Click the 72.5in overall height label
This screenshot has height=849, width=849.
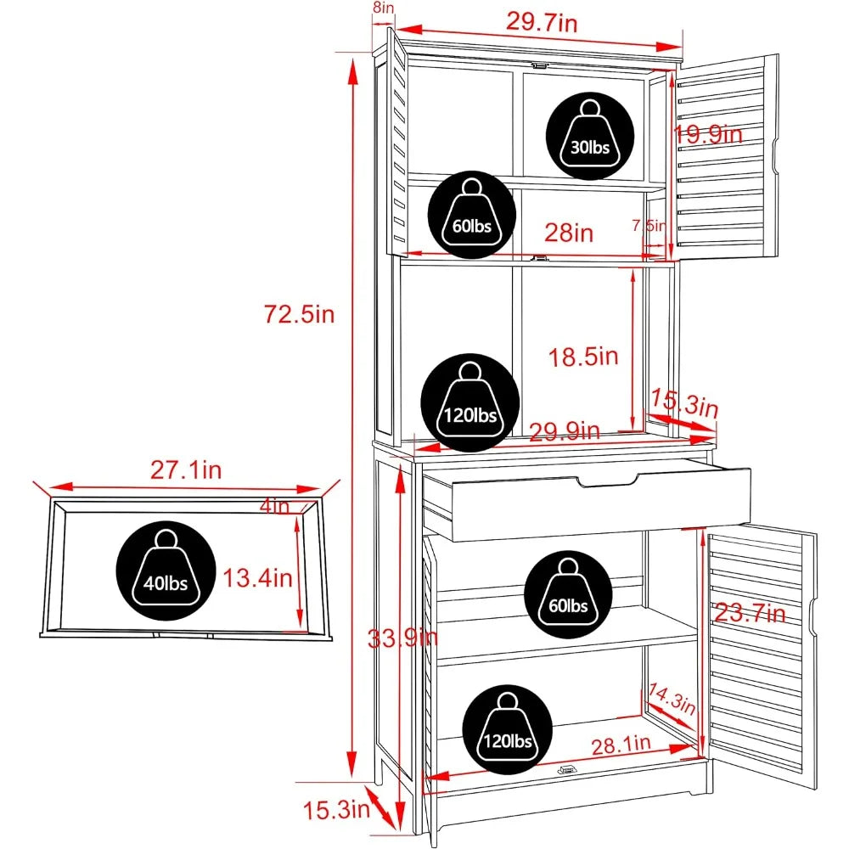coord(300,314)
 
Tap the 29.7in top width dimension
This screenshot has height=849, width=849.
coord(542,22)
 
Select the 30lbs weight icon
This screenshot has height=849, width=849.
coord(590,136)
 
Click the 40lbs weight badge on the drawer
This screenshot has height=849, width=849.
coord(166,571)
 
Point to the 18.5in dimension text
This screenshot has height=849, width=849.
coord(583,357)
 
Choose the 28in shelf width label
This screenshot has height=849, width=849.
coord(569,233)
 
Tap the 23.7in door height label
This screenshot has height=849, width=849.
coord(750,613)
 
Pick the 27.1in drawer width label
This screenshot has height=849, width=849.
coord(186,470)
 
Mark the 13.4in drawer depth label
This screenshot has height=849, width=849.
coord(258,577)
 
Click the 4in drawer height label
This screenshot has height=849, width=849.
coord(275,506)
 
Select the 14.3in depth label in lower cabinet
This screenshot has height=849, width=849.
coord(672,699)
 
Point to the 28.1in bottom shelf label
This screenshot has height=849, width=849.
coord(621,745)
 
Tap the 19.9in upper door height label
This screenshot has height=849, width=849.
coord(708,134)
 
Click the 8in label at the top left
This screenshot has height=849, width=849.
coord(384,8)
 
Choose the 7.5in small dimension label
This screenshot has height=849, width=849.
coord(649,225)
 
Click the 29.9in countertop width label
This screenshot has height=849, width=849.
coord(565,431)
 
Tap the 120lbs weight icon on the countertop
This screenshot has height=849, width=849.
coord(470,402)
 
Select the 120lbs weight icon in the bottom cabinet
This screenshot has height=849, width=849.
coord(508,729)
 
